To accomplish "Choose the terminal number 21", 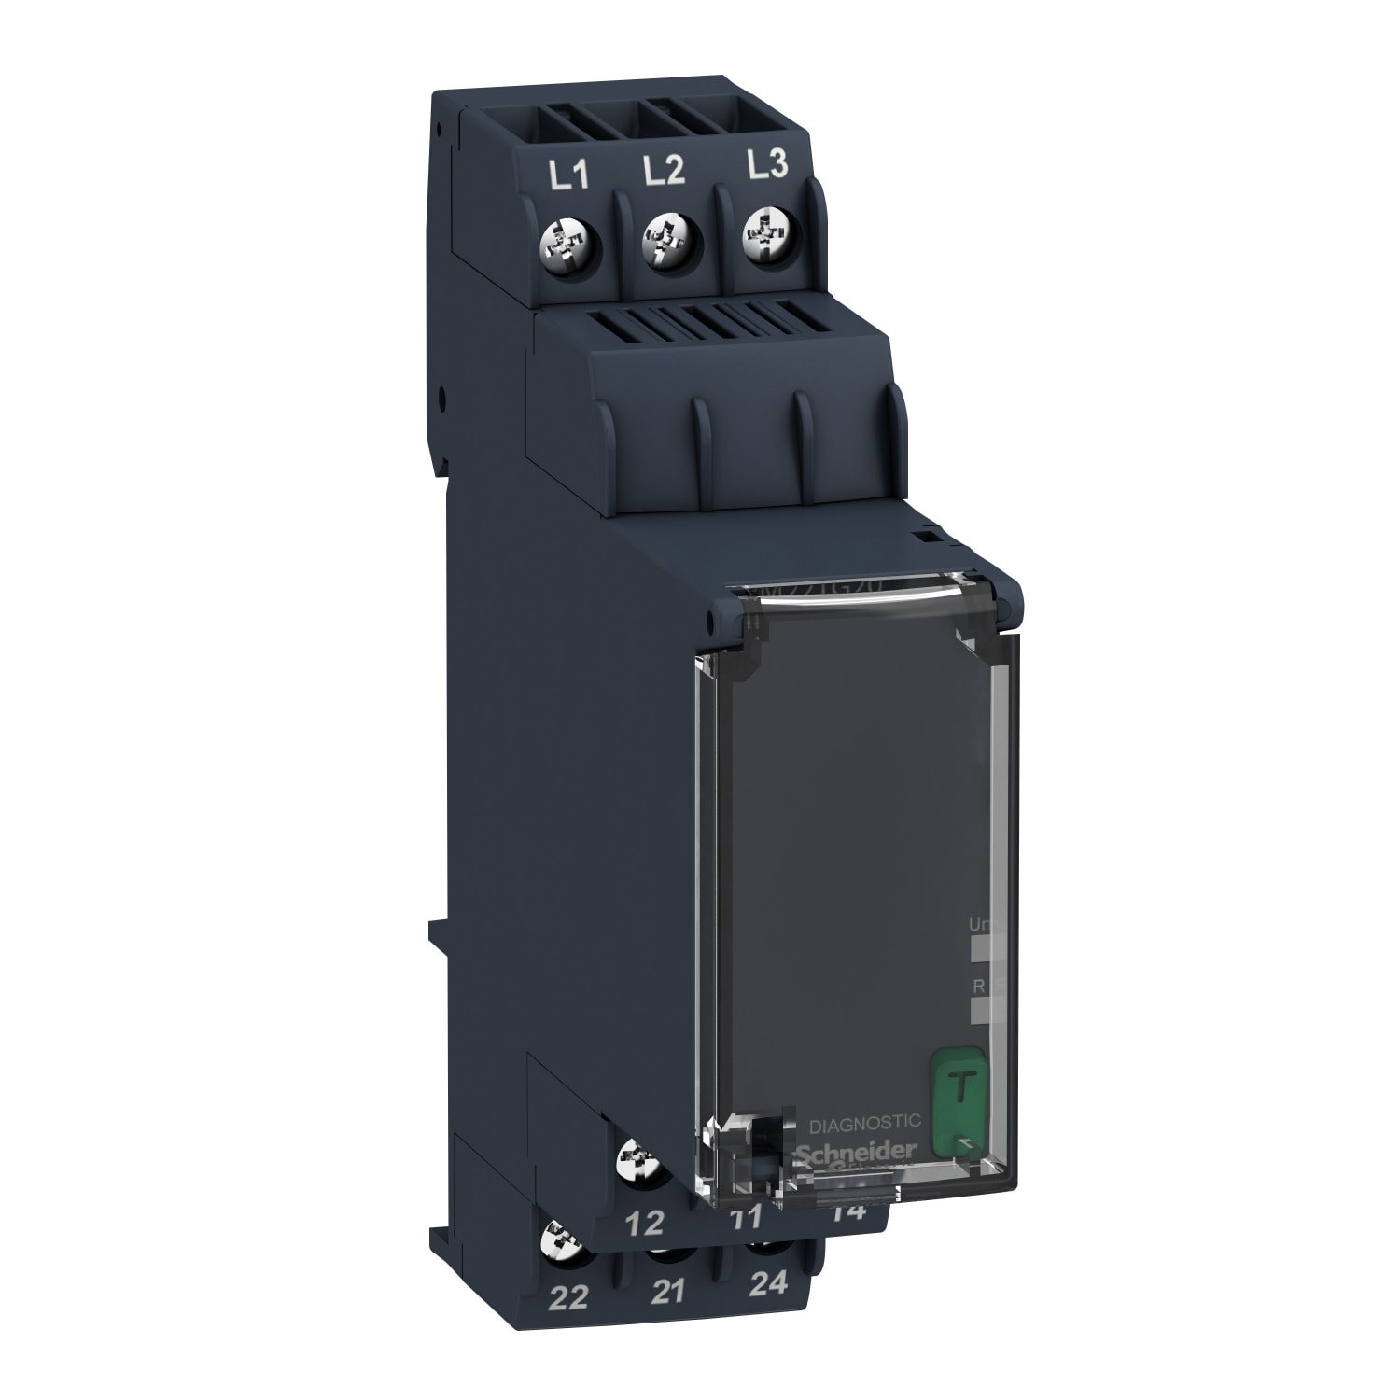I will pyautogui.click(x=668, y=1292).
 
